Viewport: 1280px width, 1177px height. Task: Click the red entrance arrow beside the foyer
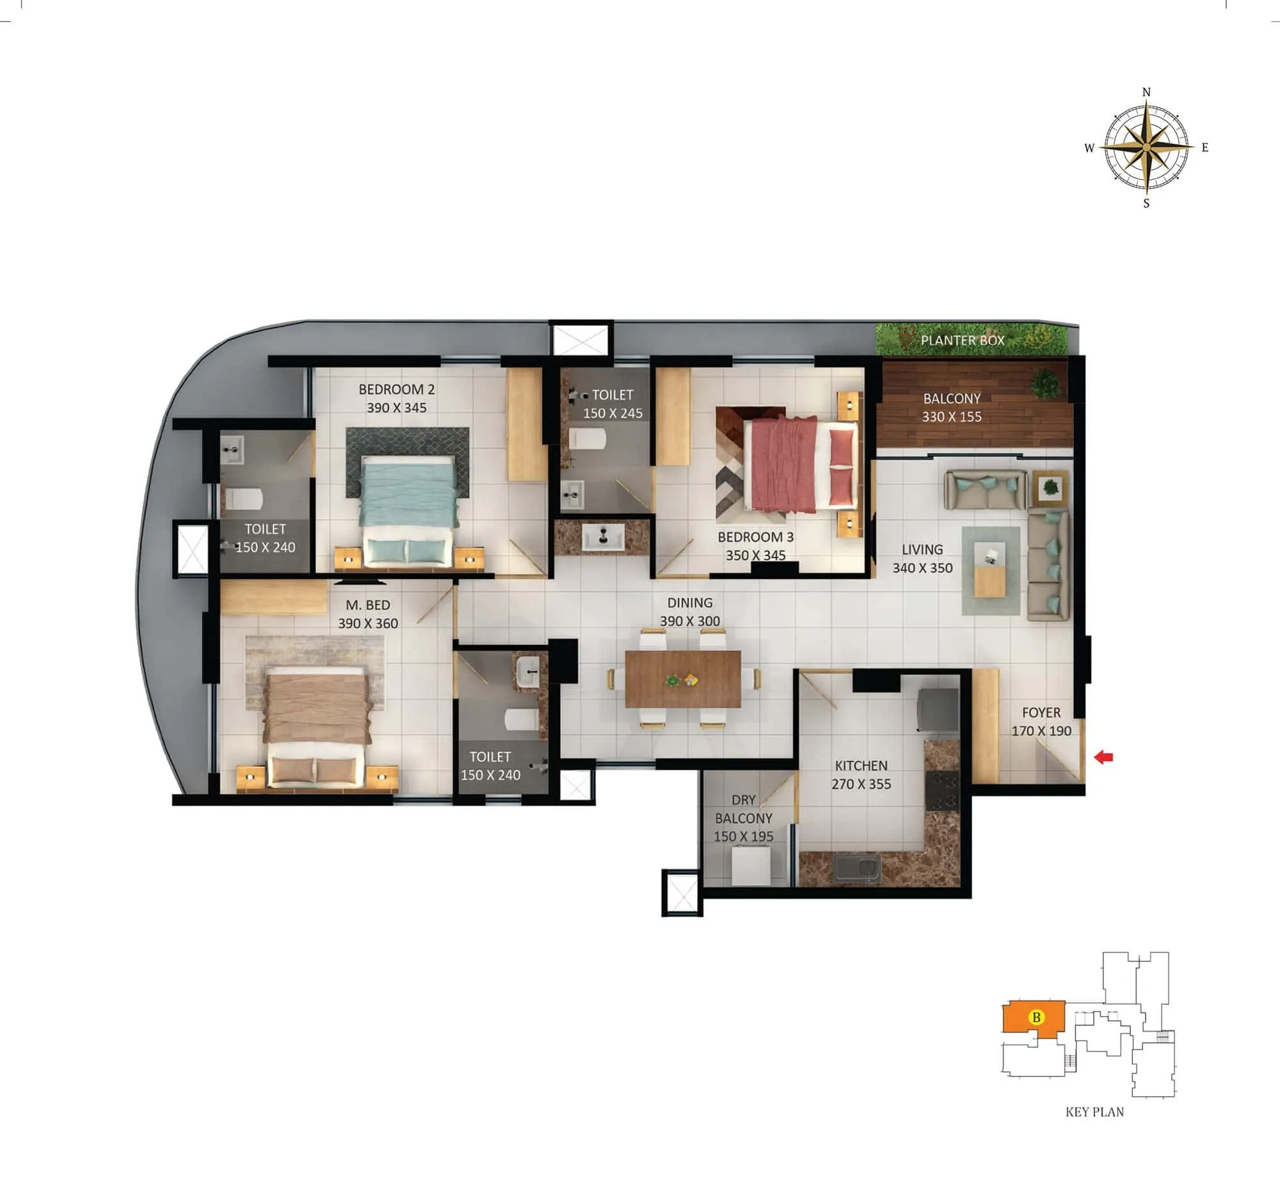(x=1104, y=757)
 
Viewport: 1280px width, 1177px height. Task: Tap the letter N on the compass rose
(x=1146, y=92)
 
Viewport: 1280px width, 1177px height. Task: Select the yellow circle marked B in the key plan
(x=1036, y=1017)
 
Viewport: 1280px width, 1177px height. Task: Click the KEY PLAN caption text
(x=1094, y=1112)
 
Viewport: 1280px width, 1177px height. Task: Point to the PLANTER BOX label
(x=962, y=340)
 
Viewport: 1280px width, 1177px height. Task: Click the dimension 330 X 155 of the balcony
(x=952, y=417)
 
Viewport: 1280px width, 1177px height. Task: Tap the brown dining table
(x=683, y=678)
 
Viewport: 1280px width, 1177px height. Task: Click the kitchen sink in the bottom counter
(x=858, y=869)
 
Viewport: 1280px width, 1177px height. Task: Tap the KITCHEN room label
(x=861, y=765)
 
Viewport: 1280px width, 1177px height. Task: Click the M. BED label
(x=367, y=605)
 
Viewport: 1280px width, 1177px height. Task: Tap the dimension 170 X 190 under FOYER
(x=1041, y=731)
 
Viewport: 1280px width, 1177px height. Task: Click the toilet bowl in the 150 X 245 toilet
(x=587, y=439)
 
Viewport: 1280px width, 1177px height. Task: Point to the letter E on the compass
(x=1204, y=148)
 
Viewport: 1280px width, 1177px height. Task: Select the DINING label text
(x=689, y=602)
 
